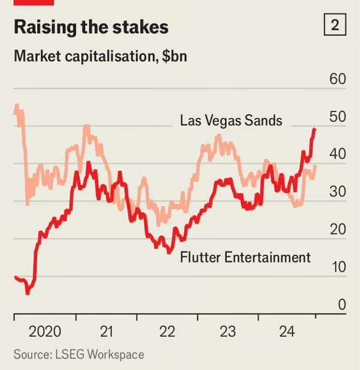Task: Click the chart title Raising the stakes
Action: tap(91, 28)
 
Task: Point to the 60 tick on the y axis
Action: tap(338, 80)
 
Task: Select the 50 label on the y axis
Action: tap(338, 118)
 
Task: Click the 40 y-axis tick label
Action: tap(338, 155)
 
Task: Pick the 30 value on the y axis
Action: tap(338, 192)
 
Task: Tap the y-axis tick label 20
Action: tap(338, 230)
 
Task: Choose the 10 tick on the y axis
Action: tap(338, 267)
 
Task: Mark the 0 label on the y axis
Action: tap(342, 305)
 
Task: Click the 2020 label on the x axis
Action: tap(45, 332)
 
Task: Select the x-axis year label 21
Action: tap(106, 332)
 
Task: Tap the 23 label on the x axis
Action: tap(227, 332)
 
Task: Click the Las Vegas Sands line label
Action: tap(231, 121)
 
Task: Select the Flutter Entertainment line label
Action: tap(245, 257)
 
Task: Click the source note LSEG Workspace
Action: tap(79, 354)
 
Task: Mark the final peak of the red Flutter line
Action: tap(315, 129)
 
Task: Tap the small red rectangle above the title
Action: tap(34, 2)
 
